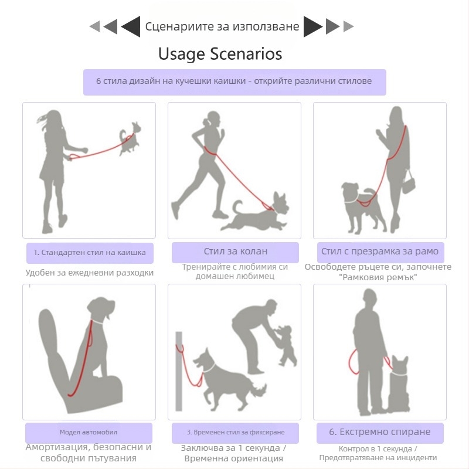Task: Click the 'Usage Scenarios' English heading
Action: tap(220, 54)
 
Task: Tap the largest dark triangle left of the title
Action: tap(131, 26)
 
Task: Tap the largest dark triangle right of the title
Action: tap(313, 26)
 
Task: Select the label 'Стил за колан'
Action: tap(236, 252)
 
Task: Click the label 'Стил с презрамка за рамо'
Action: tap(379, 252)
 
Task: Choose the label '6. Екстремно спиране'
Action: tap(379, 431)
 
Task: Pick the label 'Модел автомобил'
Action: tap(89, 432)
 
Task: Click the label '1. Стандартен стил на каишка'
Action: tap(90, 253)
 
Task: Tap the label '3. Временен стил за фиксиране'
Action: tap(236, 432)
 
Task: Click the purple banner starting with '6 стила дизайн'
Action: tap(235, 82)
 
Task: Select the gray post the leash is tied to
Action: tap(179, 371)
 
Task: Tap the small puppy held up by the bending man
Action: tap(286, 345)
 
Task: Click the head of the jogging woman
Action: tap(213, 118)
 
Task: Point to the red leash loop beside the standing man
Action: tap(354, 362)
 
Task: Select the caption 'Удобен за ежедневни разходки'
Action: tap(90, 273)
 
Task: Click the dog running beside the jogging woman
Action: tap(257, 212)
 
